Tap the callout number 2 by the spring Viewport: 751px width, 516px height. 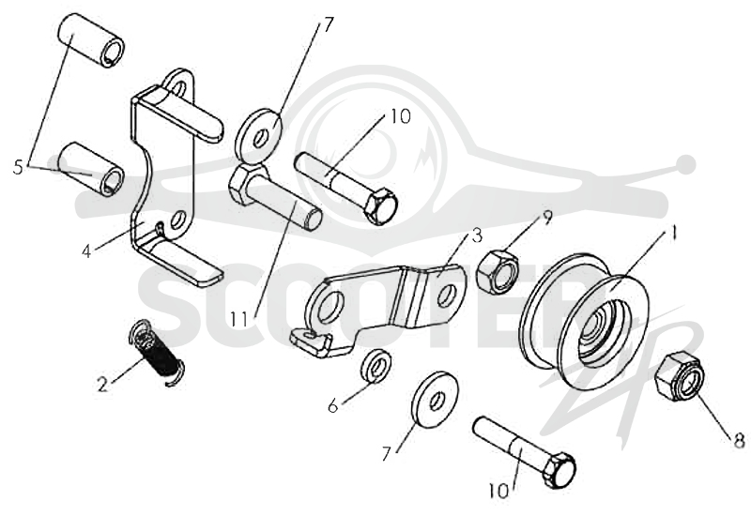[102, 385]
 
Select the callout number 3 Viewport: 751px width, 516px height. [477, 236]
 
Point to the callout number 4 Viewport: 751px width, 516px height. [86, 251]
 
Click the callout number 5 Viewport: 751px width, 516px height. [18, 167]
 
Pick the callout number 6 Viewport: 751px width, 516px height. [333, 406]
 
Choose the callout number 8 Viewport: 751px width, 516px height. [740, 440]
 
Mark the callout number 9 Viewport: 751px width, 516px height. [546, 217]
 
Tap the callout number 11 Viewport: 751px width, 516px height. [238, 319]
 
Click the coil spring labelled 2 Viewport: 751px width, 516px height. [157, 353]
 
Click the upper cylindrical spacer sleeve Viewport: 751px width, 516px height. [91, 41]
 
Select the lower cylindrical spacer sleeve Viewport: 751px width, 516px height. [91, 169]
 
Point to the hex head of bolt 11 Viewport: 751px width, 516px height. [246, 184]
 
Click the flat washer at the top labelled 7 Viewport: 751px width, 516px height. [259, 136]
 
